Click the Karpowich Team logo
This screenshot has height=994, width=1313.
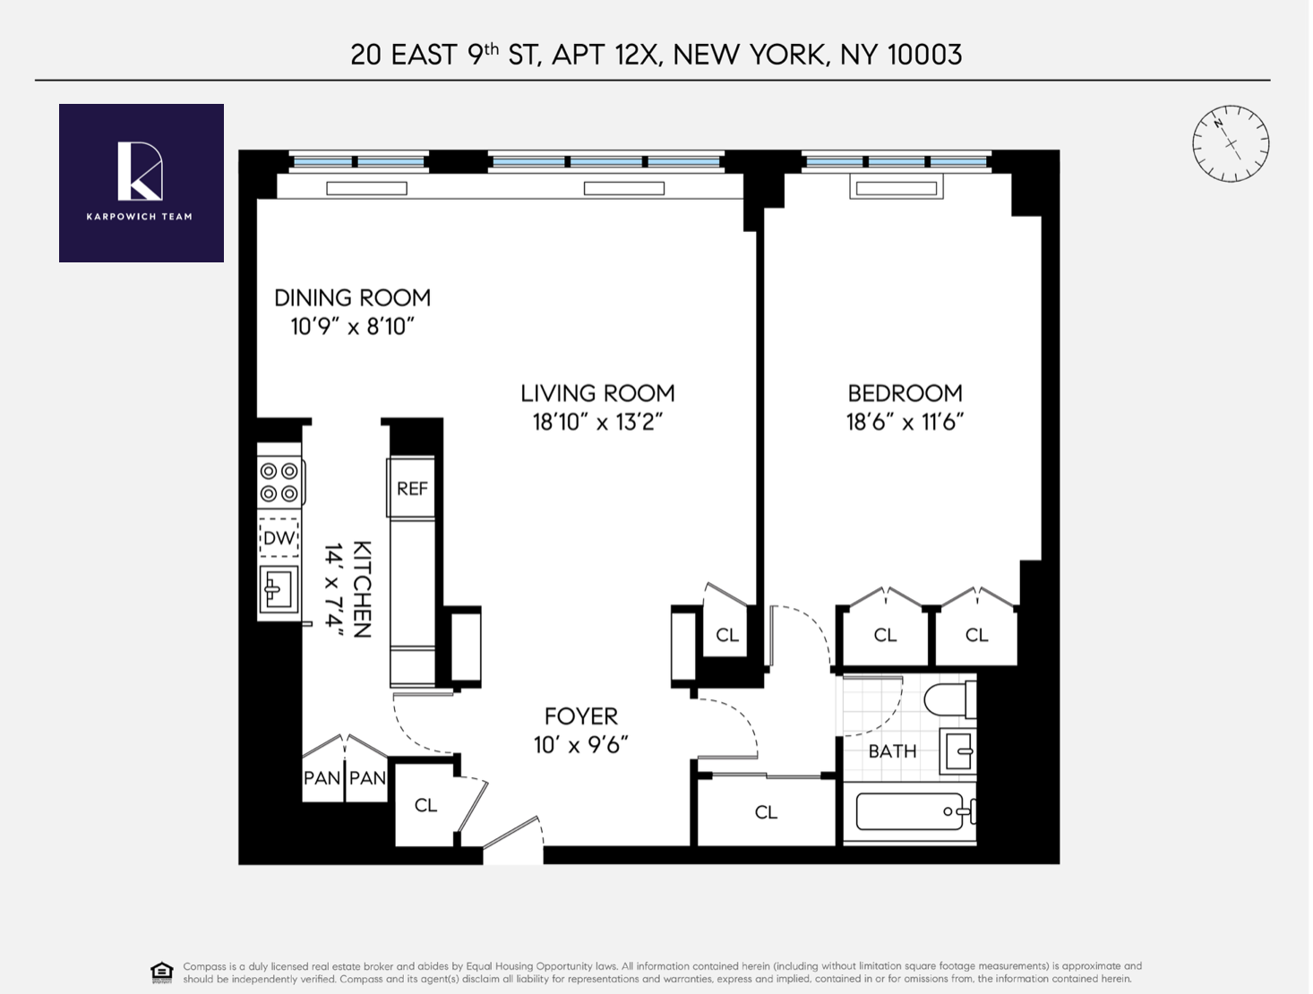[141, 183]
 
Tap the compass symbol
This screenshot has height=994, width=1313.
[1231, 143]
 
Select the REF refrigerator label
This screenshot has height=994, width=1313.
[412, 488]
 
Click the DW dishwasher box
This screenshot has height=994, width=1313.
[279, 538]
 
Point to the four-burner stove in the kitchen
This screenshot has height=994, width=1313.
[279, 482]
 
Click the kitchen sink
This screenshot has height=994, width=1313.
[278, 590]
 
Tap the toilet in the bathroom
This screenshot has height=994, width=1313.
[949, 698]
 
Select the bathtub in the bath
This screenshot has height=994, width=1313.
[909, 812]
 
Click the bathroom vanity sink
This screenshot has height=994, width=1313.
[957, 750]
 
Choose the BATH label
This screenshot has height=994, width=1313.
[892, 751]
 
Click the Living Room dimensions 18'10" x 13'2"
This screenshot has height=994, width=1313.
[597, 422]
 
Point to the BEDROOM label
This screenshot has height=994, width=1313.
[905, 393]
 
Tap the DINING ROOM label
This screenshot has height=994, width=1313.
[352, 298]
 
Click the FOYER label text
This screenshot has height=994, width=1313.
[580, 716]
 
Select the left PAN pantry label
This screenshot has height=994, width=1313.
[322, 778]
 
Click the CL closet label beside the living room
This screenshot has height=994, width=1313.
[727, 635]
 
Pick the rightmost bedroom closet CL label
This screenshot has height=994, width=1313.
[976, 635]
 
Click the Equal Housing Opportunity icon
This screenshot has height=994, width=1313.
[162, 973]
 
